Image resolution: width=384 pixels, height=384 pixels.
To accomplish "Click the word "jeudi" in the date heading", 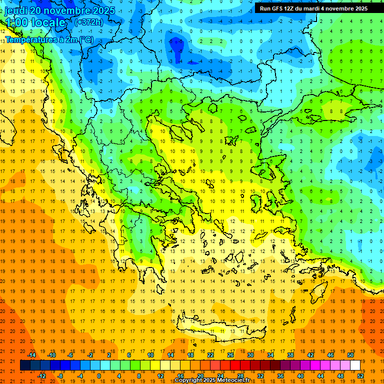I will point(16,10).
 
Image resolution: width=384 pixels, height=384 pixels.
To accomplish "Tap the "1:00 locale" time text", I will point(35,22).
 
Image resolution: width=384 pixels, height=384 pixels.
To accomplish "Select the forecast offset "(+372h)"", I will point(88,22).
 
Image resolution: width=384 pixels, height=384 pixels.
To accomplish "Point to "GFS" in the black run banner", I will point(277,8).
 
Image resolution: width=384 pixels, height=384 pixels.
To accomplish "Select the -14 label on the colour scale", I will point(31,355).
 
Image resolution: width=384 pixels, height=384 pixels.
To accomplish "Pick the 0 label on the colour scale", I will point(98,376).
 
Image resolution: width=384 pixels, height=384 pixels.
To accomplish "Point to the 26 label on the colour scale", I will point(230,355).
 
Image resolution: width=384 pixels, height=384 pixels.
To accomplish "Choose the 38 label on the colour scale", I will point(290,355).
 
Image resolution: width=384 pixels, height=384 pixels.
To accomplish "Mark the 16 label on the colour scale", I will point(180,376).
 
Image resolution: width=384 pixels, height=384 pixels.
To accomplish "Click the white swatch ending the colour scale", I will point(355,365).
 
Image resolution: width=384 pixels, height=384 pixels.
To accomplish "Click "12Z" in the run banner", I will point(292,8).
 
